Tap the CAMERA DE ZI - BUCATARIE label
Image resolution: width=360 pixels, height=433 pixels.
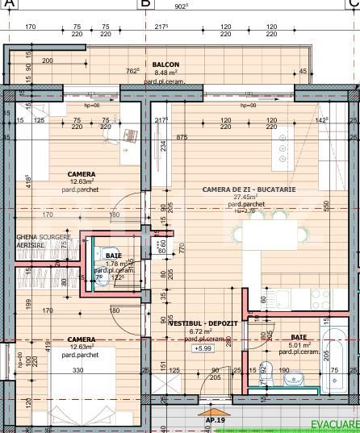(249, 189)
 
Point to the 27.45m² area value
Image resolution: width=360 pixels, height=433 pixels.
(245, 197)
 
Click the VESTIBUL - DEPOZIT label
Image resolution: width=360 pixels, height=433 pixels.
(203, 323)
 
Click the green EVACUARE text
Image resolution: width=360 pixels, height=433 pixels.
(335, 424)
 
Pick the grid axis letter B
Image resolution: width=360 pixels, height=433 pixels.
(145, 4)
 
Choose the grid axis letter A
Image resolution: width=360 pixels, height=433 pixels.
(9, 4)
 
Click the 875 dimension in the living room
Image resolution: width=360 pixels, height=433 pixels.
(182, 137)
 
